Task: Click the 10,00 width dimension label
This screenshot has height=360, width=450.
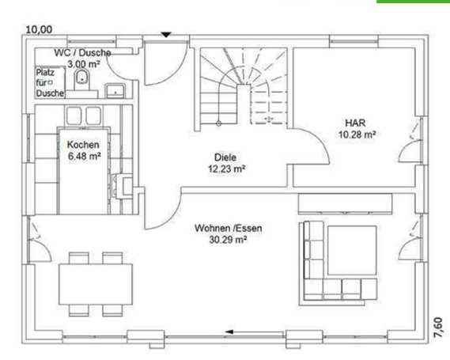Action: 40,29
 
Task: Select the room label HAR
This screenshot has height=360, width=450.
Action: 354,123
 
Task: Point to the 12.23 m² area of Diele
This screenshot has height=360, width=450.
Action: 225,169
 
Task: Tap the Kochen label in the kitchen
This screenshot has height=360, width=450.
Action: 83,145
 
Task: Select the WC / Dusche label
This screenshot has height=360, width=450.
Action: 82,52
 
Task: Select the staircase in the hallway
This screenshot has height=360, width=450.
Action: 241,87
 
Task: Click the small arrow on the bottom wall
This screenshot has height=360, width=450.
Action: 230,331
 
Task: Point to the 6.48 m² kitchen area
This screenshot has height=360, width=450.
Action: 83,156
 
